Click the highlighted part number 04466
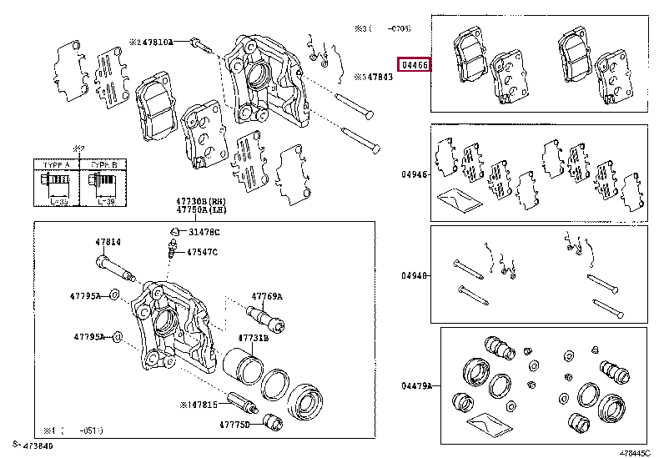pyautogui.click(x=415, y=64)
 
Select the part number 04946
pyautogui.click(x=415, y=174)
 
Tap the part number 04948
pyautogui.click(x=415, y=274)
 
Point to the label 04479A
pyautogui.click(x=417, y=385)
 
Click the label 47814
pyautogui.click(x=108, y=242)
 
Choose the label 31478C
pyautogui.click(x=204, y=231)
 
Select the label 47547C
pyautogui.click(x=202, y=251)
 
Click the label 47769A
pyautogui.click(x=268, y=296)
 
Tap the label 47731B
pyautogui.click(x=253, y=338)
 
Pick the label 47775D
pyautogui.click(x=235, y=425)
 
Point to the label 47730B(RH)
pyautogui.click(x=200, y=201)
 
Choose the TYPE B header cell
pyautogui.click(x=103, y=166)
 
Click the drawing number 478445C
pyautogui.click(x=634, y=451)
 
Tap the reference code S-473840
pyautogui.click(x=33, y=447)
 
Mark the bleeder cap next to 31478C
pyautogui.click(x=174, y=230)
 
